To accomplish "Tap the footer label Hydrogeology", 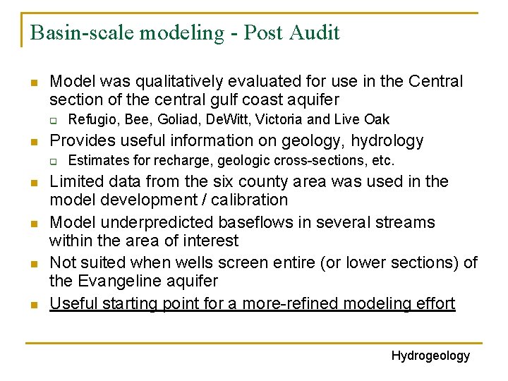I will point(430,356).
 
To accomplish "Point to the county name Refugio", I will point(91,119).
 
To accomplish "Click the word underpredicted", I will point(149,222).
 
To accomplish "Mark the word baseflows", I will point(248,222).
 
